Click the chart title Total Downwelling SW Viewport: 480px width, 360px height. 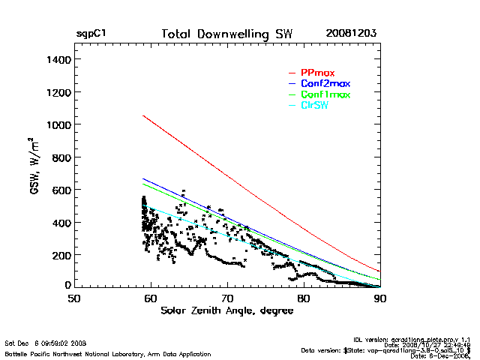click(226, 34)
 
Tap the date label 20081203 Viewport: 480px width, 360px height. click(351, 34)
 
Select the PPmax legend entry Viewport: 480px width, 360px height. click(316, 73)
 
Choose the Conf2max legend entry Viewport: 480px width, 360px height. click(325, 83)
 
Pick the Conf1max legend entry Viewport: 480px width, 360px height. click(325, 94)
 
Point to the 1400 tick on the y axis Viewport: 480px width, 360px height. click(58, 59)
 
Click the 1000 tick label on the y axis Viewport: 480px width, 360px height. click(58, 124)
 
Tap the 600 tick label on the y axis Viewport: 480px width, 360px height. click(60, 190)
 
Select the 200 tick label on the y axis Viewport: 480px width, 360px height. click(60, 255)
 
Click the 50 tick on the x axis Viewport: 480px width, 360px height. click(73, 298)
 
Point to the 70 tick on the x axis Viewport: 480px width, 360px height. click(227, 298)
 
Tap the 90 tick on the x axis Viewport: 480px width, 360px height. click(380, 298)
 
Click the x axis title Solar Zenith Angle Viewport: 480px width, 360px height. click(226, 311)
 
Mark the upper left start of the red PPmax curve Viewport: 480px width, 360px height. click(143, 115)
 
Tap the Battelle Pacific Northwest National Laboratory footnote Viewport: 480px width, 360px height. click(108, 353)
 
